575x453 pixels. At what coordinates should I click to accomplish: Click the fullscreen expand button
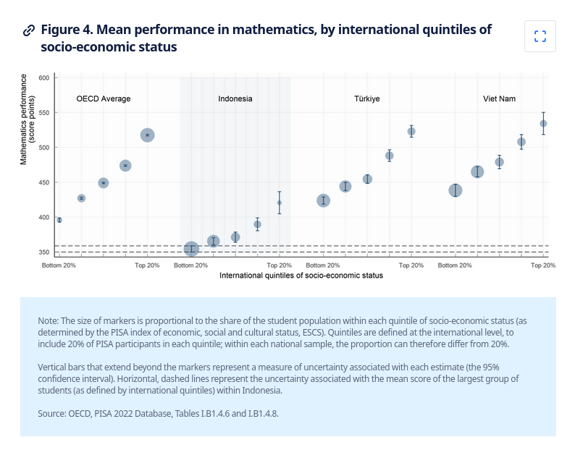(540, 36)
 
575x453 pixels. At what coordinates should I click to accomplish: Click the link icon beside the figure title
(29, 30)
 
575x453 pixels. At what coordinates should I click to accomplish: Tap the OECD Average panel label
(104, 99)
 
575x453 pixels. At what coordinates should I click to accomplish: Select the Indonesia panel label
(235, 99)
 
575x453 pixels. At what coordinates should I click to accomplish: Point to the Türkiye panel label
(367, 99)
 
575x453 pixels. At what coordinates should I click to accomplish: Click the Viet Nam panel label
(499, 99)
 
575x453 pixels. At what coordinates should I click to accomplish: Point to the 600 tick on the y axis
(43, 78)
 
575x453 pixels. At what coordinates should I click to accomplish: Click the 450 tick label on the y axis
(43, 183)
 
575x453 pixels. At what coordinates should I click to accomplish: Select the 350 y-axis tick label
(43, 252)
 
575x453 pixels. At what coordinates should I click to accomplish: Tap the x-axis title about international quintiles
(301, 275)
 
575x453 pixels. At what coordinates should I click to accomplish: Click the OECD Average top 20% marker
(147, 135)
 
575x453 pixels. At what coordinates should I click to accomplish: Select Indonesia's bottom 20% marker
(191, 249)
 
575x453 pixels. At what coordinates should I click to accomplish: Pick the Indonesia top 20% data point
(280, 202)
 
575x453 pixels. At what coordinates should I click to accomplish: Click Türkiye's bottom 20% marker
(323, 200)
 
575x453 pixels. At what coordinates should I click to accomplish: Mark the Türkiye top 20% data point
(411, 131)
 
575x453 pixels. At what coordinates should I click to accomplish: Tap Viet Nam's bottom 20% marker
(455, 190)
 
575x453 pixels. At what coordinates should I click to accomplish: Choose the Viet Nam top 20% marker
(543, 123)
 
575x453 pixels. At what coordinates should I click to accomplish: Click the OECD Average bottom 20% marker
(59, 220)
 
